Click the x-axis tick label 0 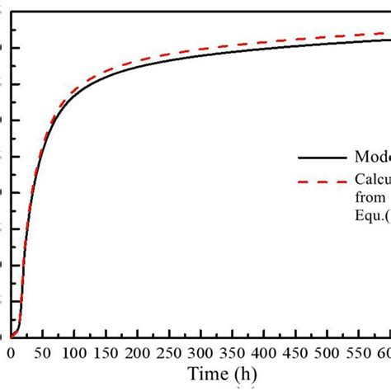coord(11,353)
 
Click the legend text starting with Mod coord(372,158)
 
